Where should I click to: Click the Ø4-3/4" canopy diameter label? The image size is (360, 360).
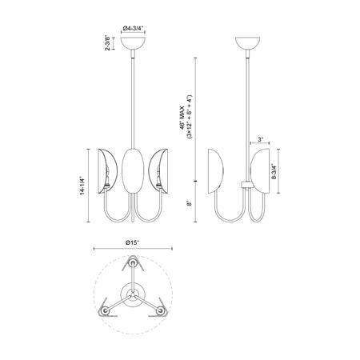(133, 28)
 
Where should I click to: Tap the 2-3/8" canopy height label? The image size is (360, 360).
(107, 42)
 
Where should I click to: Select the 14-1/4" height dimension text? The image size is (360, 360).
(82, 186)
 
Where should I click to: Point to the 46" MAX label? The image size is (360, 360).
(182, 118)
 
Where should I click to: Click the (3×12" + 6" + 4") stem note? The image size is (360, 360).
(190, 117)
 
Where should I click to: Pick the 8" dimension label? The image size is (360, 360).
(190, 203)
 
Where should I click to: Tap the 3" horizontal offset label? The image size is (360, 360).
(260, 139)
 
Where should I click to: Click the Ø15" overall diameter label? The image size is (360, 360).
(133, 242)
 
